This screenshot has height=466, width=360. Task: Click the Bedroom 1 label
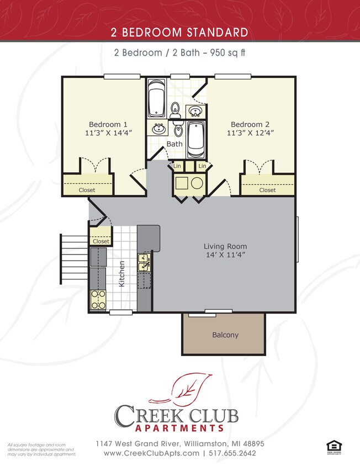tap(108, 124)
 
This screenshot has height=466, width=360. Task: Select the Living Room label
tap(225, 246)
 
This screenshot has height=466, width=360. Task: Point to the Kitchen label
tap(122, 274)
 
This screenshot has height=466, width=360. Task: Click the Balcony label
tap(225, 335)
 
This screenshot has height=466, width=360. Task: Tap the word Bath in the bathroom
tap(174, 144)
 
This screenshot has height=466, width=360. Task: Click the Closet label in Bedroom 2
tap(267, 190)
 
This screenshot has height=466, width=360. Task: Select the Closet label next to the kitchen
tap(101, 241)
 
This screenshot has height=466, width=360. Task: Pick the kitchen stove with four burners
tap(98, 300)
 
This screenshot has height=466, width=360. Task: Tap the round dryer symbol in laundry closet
tap(198, 183)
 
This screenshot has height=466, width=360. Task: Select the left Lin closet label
tap(177, 166)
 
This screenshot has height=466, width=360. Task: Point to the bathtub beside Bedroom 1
tap(157, 98)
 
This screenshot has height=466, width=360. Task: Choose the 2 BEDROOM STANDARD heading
tap(180, 33)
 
